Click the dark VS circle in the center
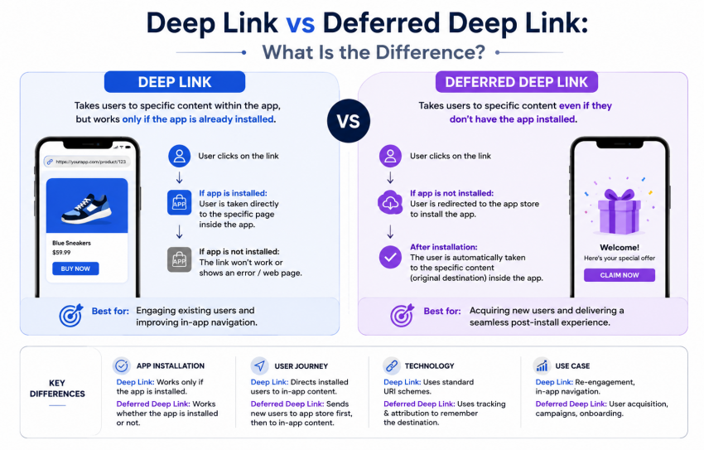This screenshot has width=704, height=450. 349,121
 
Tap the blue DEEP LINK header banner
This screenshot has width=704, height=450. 175,82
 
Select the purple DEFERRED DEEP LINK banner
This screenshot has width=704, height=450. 516,82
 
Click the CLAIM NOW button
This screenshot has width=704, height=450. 620,275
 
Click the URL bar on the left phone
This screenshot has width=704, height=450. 87,162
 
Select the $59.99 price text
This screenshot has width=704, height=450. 61,253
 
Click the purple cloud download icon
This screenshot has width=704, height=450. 390,203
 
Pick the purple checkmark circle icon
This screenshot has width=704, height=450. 390,258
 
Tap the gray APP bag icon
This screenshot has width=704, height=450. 179,259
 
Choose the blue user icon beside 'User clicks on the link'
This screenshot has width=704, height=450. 179,156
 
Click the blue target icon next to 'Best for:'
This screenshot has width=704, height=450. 71,315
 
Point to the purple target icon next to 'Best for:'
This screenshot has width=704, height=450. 402,315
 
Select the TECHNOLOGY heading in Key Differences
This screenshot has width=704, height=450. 429,366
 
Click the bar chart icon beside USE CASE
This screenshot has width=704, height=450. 542,366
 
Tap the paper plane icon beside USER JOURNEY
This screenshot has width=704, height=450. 259,366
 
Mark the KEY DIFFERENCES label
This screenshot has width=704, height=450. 57,389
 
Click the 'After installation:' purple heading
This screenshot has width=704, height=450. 444,247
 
